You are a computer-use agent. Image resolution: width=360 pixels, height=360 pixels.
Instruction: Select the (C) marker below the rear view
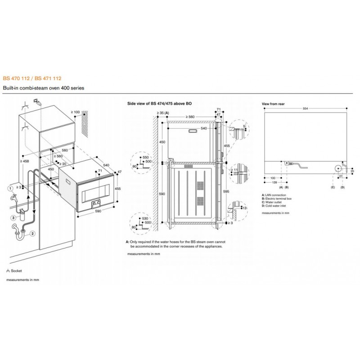tap(333, 186)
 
